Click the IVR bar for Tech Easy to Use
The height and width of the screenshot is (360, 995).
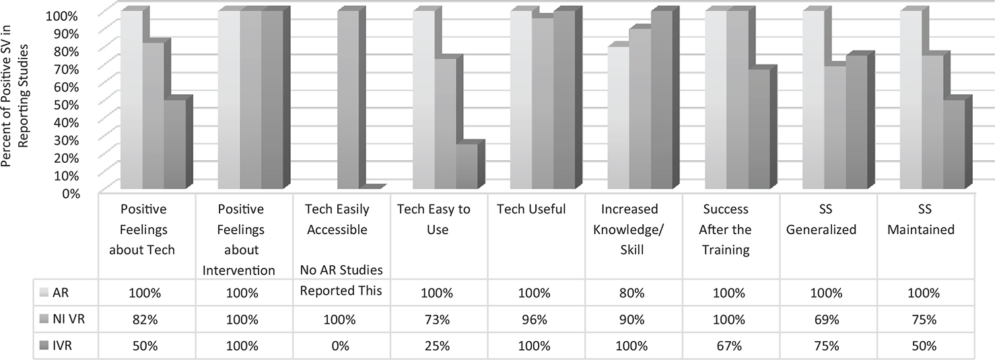coord(467,168)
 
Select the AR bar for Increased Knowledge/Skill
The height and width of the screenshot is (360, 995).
coord(618,120)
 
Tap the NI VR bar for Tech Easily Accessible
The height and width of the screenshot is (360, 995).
coord(347,101)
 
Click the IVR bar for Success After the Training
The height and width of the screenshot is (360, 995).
coord(759,131)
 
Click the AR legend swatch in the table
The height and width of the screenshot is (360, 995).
coord(45,292)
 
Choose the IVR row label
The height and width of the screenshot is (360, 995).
coord(66,346)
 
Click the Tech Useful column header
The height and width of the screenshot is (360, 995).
coord(531,210)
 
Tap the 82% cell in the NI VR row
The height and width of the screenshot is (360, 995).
coord(147,320)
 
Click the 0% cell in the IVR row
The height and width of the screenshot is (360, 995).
coord(341,346)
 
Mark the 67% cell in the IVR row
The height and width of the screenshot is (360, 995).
coord(730,346)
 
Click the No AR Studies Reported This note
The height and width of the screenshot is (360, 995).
coord(341,281)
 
